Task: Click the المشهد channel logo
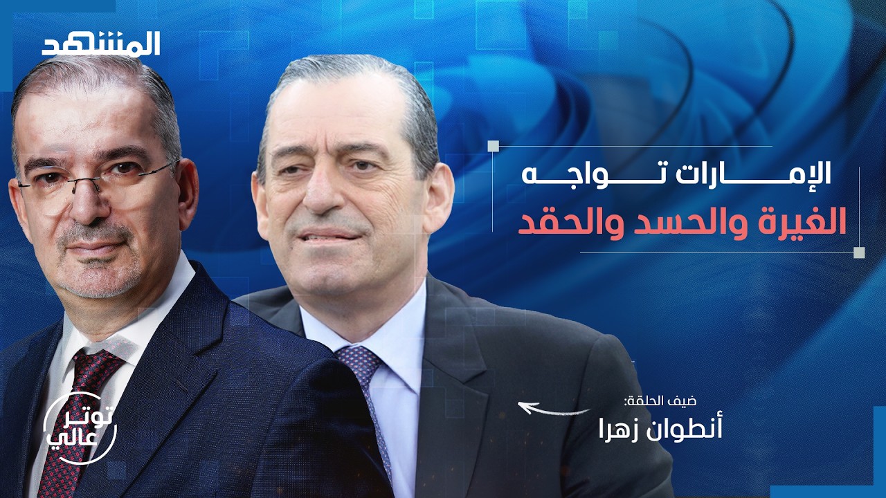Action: click(x=101, y=44)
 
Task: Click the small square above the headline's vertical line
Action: click(x=493, y=146)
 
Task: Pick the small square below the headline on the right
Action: click(x=859, y=252)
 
